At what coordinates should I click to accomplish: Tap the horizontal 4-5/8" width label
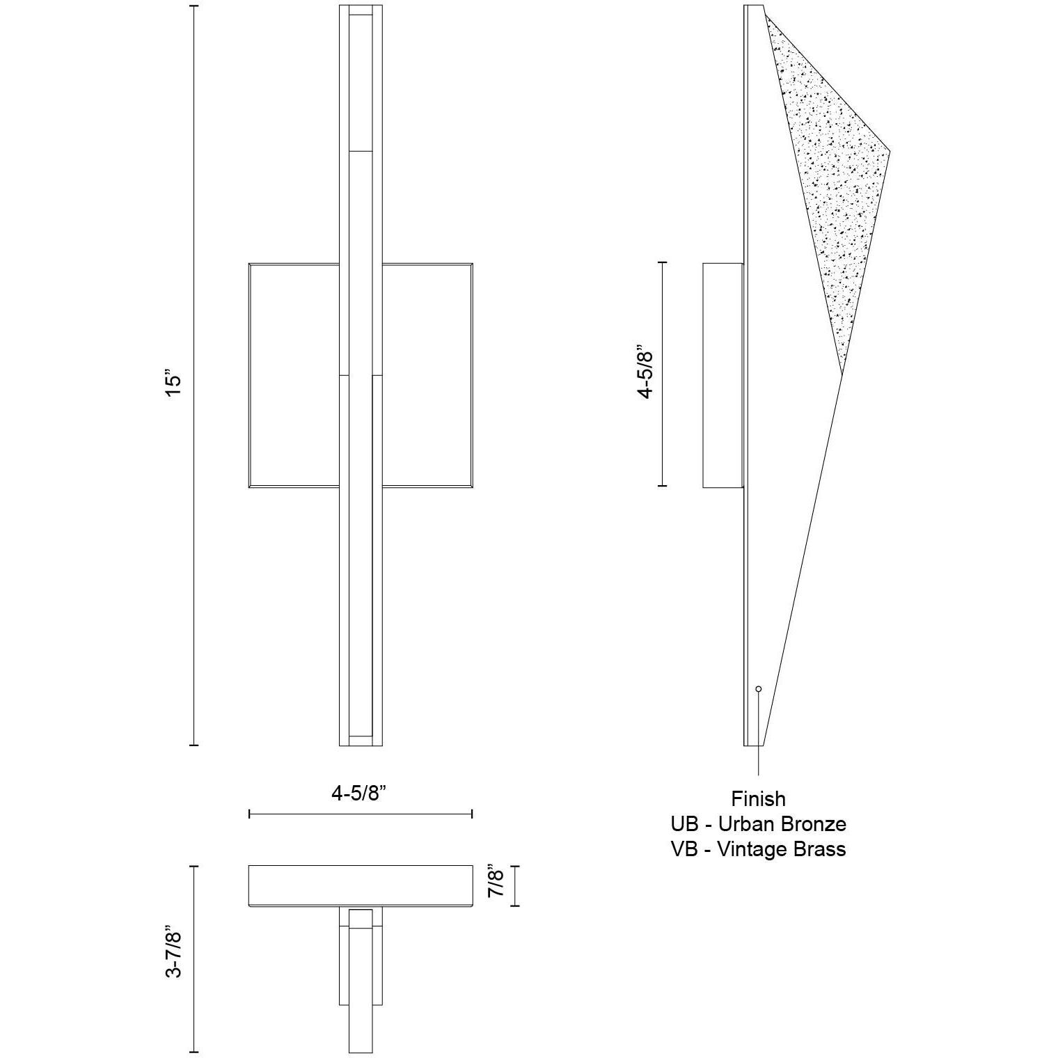click(x=359, y=793)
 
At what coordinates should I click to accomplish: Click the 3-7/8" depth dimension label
click(x=174, y=952)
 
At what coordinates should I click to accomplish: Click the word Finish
click(x=758, y=799)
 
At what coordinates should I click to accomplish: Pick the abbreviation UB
click(x=684, y=824)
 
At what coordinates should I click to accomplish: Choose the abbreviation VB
click(x=684, y=849)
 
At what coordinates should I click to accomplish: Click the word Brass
click(x=821, y=849)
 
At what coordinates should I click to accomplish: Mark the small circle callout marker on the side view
click(x=758, y=688)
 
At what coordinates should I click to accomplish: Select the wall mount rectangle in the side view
click(x=723, y=375)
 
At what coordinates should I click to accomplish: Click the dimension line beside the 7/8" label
click(x=515, y=886)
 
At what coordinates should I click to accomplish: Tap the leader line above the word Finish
click(x=758, y=738)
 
